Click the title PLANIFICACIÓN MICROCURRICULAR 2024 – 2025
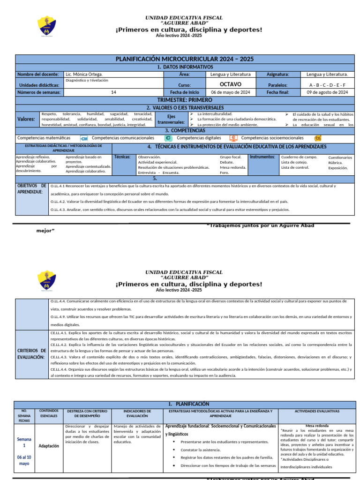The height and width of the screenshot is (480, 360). pos(185,59)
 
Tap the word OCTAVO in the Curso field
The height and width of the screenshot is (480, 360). pos(231,84)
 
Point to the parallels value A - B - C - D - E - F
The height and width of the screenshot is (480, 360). pos(327,85)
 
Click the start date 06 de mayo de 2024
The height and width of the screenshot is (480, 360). pos(231,92)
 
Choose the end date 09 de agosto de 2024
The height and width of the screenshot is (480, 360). pos(327,92)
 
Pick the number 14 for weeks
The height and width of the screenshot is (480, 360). pos(113,92)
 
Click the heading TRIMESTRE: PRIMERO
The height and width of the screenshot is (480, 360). pos(185,100)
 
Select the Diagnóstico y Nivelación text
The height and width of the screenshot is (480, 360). pos(87,80)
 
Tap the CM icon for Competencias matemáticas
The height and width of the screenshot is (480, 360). pos(84,138)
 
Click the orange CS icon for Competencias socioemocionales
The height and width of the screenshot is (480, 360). pos(318,138)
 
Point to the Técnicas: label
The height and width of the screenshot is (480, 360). pos(123,157)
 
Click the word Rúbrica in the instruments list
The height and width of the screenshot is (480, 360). pos(335,163)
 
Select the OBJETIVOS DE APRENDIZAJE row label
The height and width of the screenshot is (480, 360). pos(31,189)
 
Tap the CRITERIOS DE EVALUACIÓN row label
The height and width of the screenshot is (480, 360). pos(31,354)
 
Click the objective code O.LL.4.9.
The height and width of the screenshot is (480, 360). pos(59,317)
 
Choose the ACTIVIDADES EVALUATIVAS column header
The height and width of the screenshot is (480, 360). pos(316,411)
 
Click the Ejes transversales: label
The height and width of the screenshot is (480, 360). pos(171,119)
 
